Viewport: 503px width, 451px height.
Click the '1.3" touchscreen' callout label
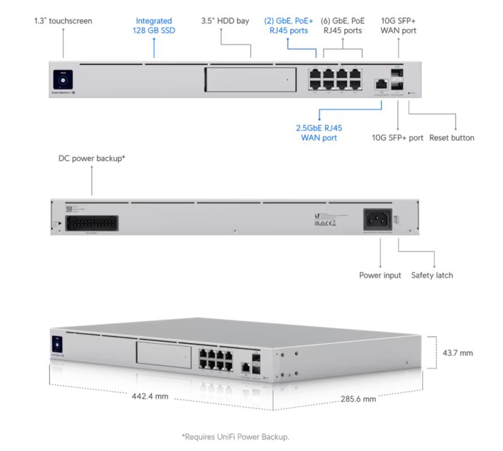tap(63, 21)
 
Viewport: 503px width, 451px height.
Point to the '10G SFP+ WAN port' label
tap(399, 25)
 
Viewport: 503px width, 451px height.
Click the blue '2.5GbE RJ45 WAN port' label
tap(319, 132)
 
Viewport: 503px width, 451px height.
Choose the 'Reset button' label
tap(452, 138)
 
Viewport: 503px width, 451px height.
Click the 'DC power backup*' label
tap(91, 159)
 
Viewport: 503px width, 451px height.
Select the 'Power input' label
tap(380, 276)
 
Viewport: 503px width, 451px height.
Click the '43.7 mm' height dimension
tap(458, 353)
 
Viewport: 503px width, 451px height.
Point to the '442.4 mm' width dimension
tap(150, 396)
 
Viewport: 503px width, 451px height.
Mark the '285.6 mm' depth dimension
tap(358, 399)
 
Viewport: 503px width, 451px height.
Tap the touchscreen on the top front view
tap(64, 79)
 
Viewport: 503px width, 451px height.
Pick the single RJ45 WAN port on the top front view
tap(380, 84)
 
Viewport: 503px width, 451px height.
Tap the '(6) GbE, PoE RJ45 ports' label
tap(343, 25)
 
